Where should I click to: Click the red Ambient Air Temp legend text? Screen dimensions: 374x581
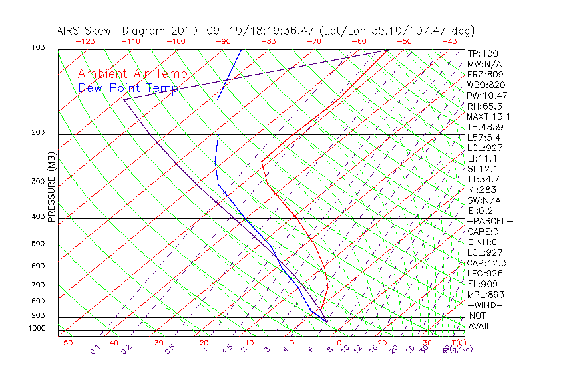pyautogui.click(x=132, y=74)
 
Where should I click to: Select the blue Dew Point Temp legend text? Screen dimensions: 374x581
pyautogui.click(x=128, y=88)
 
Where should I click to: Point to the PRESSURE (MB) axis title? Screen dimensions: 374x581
pyautogui.click(x=51, y=187)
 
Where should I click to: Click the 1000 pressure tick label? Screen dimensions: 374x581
pyautogui.click(x=38, y=329)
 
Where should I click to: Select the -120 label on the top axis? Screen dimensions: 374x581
pyautogui.click(x=85, y=41)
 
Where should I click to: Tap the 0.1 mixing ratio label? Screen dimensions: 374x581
pyautogui.click(x=95, y=349)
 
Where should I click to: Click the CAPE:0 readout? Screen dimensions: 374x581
pyautogui.click(x=483, y=232)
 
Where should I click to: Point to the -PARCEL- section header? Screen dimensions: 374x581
pyautogui.click(x=490, y=221)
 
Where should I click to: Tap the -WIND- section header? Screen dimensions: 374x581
pyautogui.click(x=485, y=305)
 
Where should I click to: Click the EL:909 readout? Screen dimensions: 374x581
pyautogui.click(x=482, y=284)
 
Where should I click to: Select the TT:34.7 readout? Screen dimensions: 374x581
pyautogui.click(x=483, y=179)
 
